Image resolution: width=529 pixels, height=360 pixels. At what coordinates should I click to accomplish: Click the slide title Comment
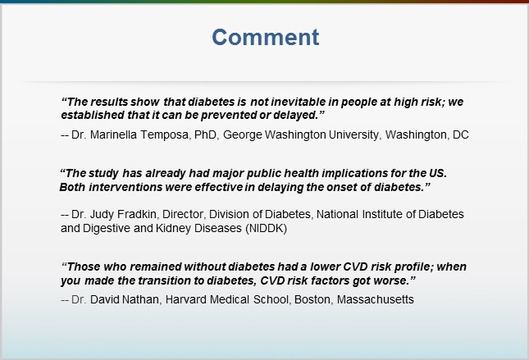pyautogui.click(x=266, y=37)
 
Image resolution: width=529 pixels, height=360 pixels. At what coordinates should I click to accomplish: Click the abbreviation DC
pyautogui.click(x=460, y=134)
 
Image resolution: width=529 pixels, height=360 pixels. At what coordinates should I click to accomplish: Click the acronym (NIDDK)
pyautogui.click(x=267, y=229)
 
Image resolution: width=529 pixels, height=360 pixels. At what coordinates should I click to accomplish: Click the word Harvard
pyautogui.click(x=185, y=299)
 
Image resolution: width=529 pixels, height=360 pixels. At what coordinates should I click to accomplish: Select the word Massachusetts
pyautogui.click(x=376, y=299)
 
